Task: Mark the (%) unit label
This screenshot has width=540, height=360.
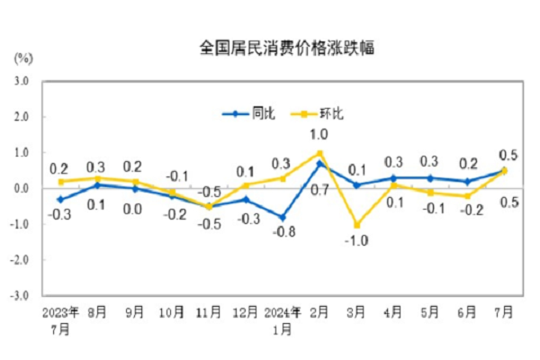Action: tap(23, 58)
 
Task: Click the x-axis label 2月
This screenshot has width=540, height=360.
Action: tap(319, 313)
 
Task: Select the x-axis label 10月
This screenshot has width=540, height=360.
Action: tap(173, 313)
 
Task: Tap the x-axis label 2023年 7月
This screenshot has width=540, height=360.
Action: tap(61, 320)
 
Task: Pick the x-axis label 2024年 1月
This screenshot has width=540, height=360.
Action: tap(282, 320)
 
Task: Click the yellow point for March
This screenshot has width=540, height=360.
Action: tap(356, 224)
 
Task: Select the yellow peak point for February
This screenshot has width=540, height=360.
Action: tap(319, 153)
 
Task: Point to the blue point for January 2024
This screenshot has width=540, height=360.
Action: tap(283, 217)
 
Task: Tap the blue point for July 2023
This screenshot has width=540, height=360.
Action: tap(61, 199)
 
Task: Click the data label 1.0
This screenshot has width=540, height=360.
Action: tap(319, 135)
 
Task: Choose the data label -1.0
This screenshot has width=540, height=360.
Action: tap(356, 241)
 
